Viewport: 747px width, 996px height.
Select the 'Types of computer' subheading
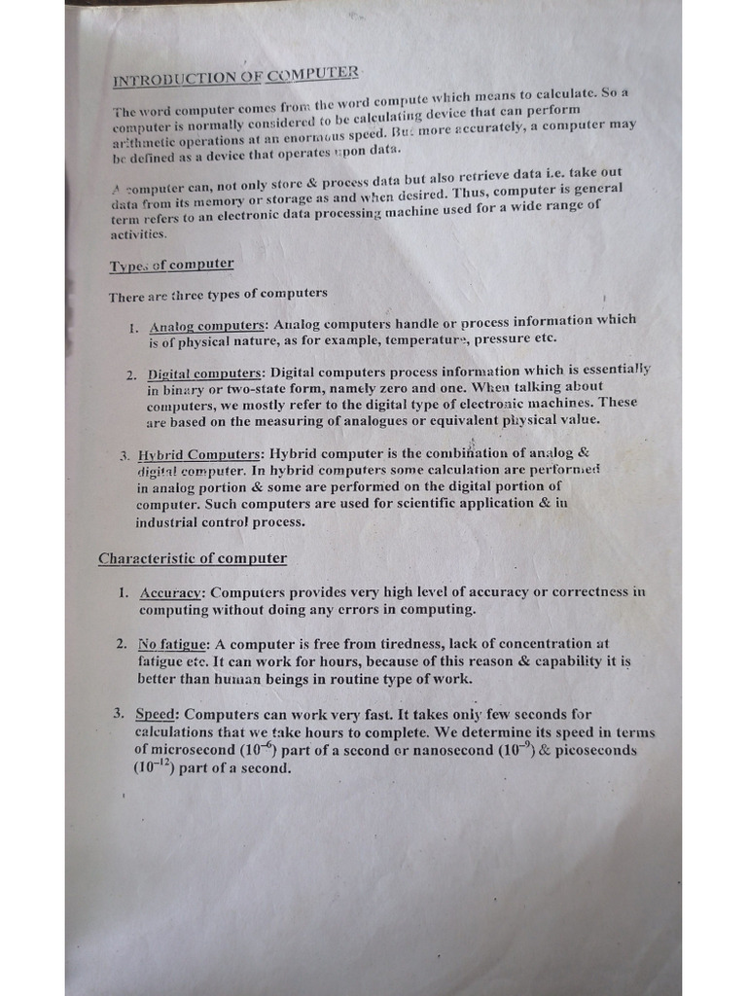tap(171, 265)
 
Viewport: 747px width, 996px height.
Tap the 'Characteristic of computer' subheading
tap(193, 558)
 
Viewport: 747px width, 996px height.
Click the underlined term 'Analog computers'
tap(207, 326)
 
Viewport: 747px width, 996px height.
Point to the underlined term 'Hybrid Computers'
tap(199, 454)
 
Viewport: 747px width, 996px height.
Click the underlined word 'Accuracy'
tap(171, 592)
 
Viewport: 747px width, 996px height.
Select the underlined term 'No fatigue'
tap(173, 644)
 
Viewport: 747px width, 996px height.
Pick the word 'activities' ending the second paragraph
tap(138, 234)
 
